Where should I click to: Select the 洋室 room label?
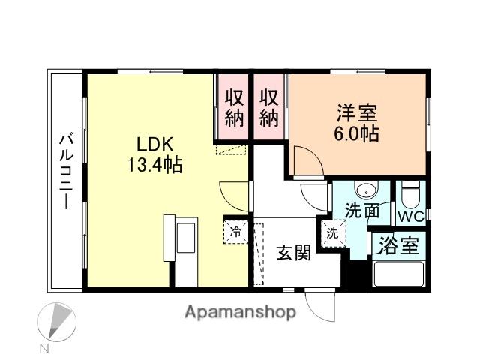pos(357,115)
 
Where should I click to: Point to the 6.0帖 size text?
pos(357,134)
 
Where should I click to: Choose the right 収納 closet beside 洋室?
pos(270,107)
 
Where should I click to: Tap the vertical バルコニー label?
pos(66,170)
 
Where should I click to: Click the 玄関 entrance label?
pos(292,253)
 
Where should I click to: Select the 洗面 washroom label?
pos(361,211)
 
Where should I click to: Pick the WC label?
pos(410,217)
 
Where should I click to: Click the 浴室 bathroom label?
pos(398,245)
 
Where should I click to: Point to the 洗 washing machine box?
pos(332,232)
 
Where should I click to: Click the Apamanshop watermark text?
pos(240,311)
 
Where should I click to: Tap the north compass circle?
pos(57,322)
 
